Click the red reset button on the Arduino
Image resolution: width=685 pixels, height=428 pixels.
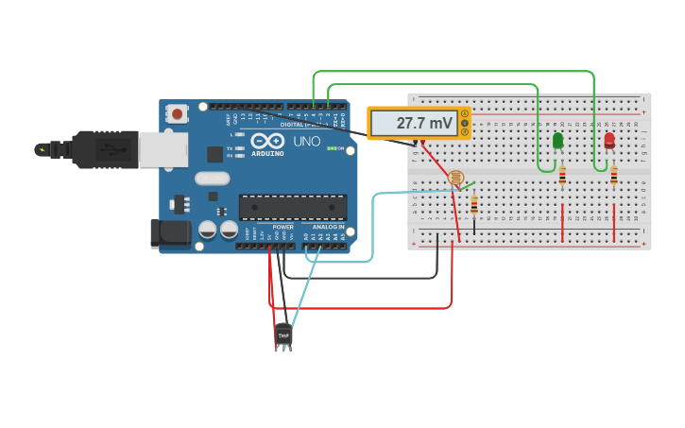[x=177, y=113]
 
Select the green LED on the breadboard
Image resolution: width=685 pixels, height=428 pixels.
[x=557, y=140]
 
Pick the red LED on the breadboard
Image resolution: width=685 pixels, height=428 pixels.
[x=608, y=139]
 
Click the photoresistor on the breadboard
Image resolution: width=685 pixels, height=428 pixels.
[x=455, y=177]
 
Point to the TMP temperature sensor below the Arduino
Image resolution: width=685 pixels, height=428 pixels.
[x=283, y=334]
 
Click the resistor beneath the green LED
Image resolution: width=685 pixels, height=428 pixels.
[x=562, y=176]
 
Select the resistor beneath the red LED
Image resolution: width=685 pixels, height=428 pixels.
[x=614, y=176]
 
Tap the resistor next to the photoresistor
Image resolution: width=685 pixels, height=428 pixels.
[x=474, y=204]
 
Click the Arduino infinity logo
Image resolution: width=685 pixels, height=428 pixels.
[x=267, y=140]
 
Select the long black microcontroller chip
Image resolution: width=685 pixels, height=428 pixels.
[x=293, y=207]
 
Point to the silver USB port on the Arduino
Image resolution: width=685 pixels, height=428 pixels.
[x=163, y=149]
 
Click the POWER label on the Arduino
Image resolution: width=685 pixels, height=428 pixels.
[x=283, y=227]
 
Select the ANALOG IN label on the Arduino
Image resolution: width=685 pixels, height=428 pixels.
[x=328, y=227]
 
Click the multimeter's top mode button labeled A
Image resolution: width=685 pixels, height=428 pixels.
[x=464, y=114]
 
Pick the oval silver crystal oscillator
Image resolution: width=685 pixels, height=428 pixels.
[x=213, y=178]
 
